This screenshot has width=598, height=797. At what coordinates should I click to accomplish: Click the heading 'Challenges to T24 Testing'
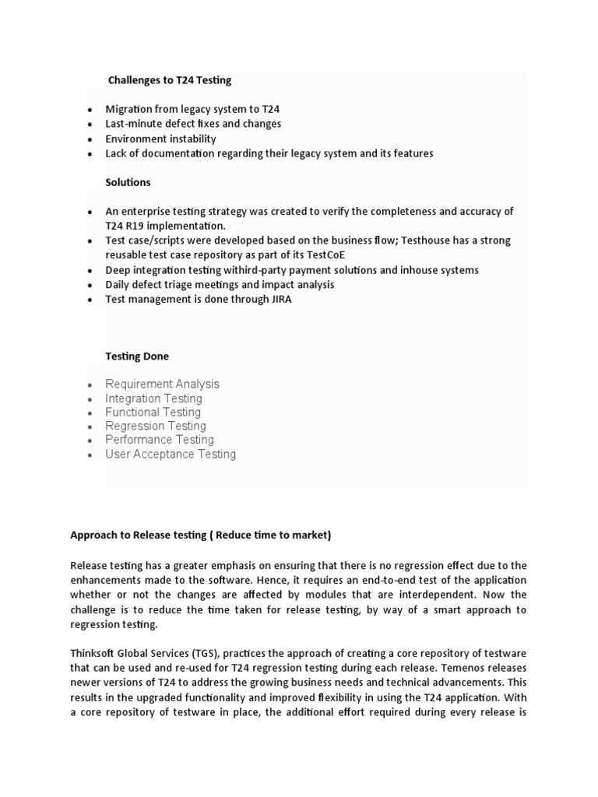169,80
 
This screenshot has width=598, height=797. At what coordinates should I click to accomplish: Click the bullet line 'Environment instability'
160,139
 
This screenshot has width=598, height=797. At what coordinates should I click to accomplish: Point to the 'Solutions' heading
128,182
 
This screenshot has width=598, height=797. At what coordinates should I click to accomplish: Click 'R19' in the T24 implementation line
136,226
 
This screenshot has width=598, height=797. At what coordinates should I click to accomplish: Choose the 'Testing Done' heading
137,356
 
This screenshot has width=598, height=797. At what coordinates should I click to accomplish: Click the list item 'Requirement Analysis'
162,384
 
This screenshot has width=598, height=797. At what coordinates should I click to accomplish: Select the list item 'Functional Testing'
153,412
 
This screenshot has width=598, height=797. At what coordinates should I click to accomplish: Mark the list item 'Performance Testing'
159,440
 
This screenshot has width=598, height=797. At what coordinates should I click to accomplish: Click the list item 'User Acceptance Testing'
171,454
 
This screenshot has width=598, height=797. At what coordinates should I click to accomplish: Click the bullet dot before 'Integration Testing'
91,399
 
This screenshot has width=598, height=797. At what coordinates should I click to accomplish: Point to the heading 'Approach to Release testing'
200,535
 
